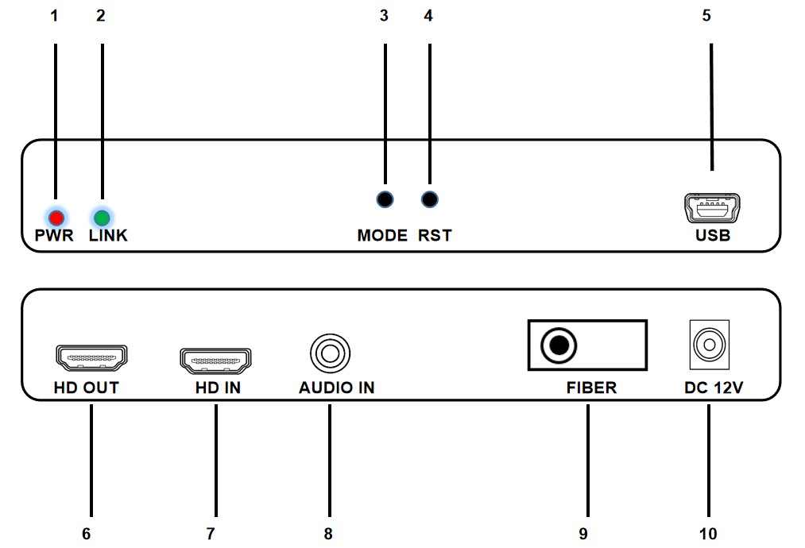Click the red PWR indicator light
56,216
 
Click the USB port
712,210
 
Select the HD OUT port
91,359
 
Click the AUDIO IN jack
329,349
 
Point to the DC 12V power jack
706,345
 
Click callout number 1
54,17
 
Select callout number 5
706,17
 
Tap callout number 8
328,534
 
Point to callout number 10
707,534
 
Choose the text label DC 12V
713,388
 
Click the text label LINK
108,236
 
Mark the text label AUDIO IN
337,388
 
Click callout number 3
385,17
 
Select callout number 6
87,534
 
